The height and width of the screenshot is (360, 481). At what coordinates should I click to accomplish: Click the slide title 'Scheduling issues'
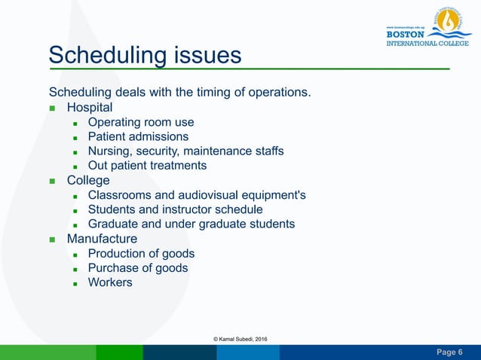(x=145, y=55)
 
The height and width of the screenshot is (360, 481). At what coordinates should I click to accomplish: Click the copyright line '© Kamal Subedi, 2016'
(x=240, y=340)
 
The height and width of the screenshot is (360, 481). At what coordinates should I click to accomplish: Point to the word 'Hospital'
(x=90, y=108)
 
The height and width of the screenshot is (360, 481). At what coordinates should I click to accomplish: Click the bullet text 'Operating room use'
(x=141, y=122)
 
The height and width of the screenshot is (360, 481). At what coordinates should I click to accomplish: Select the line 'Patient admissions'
(x=138, y=136)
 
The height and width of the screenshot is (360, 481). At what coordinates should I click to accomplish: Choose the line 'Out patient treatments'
(x=147, y=166)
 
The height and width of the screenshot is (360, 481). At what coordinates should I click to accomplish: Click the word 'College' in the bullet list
(x=88, y=181)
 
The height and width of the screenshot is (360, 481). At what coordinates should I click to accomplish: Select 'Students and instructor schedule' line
(x=175, y=209)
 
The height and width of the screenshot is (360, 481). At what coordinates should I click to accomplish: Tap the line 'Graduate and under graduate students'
(x=191, y=224)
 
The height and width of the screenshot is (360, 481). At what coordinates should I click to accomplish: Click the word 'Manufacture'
(x=102, y=239)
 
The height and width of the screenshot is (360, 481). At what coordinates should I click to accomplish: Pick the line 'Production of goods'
(x=141, y=254)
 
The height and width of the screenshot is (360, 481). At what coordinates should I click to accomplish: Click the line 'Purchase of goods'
(x=138, y=268)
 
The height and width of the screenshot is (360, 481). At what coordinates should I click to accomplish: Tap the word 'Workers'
(x=110, y=283)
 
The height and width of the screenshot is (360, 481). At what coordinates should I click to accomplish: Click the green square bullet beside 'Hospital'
(x=52, y=108)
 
